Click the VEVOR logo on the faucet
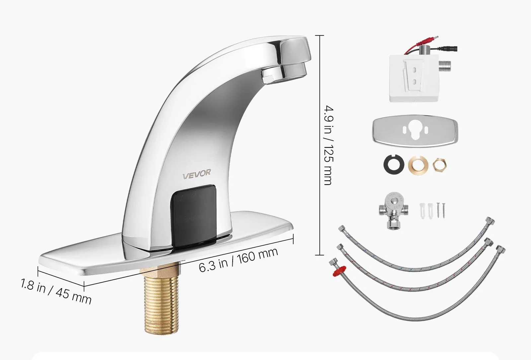[196, 174]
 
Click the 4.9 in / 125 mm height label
[329, 145]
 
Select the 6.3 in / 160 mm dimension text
[238, 259]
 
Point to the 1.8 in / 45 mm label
[56, 292]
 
